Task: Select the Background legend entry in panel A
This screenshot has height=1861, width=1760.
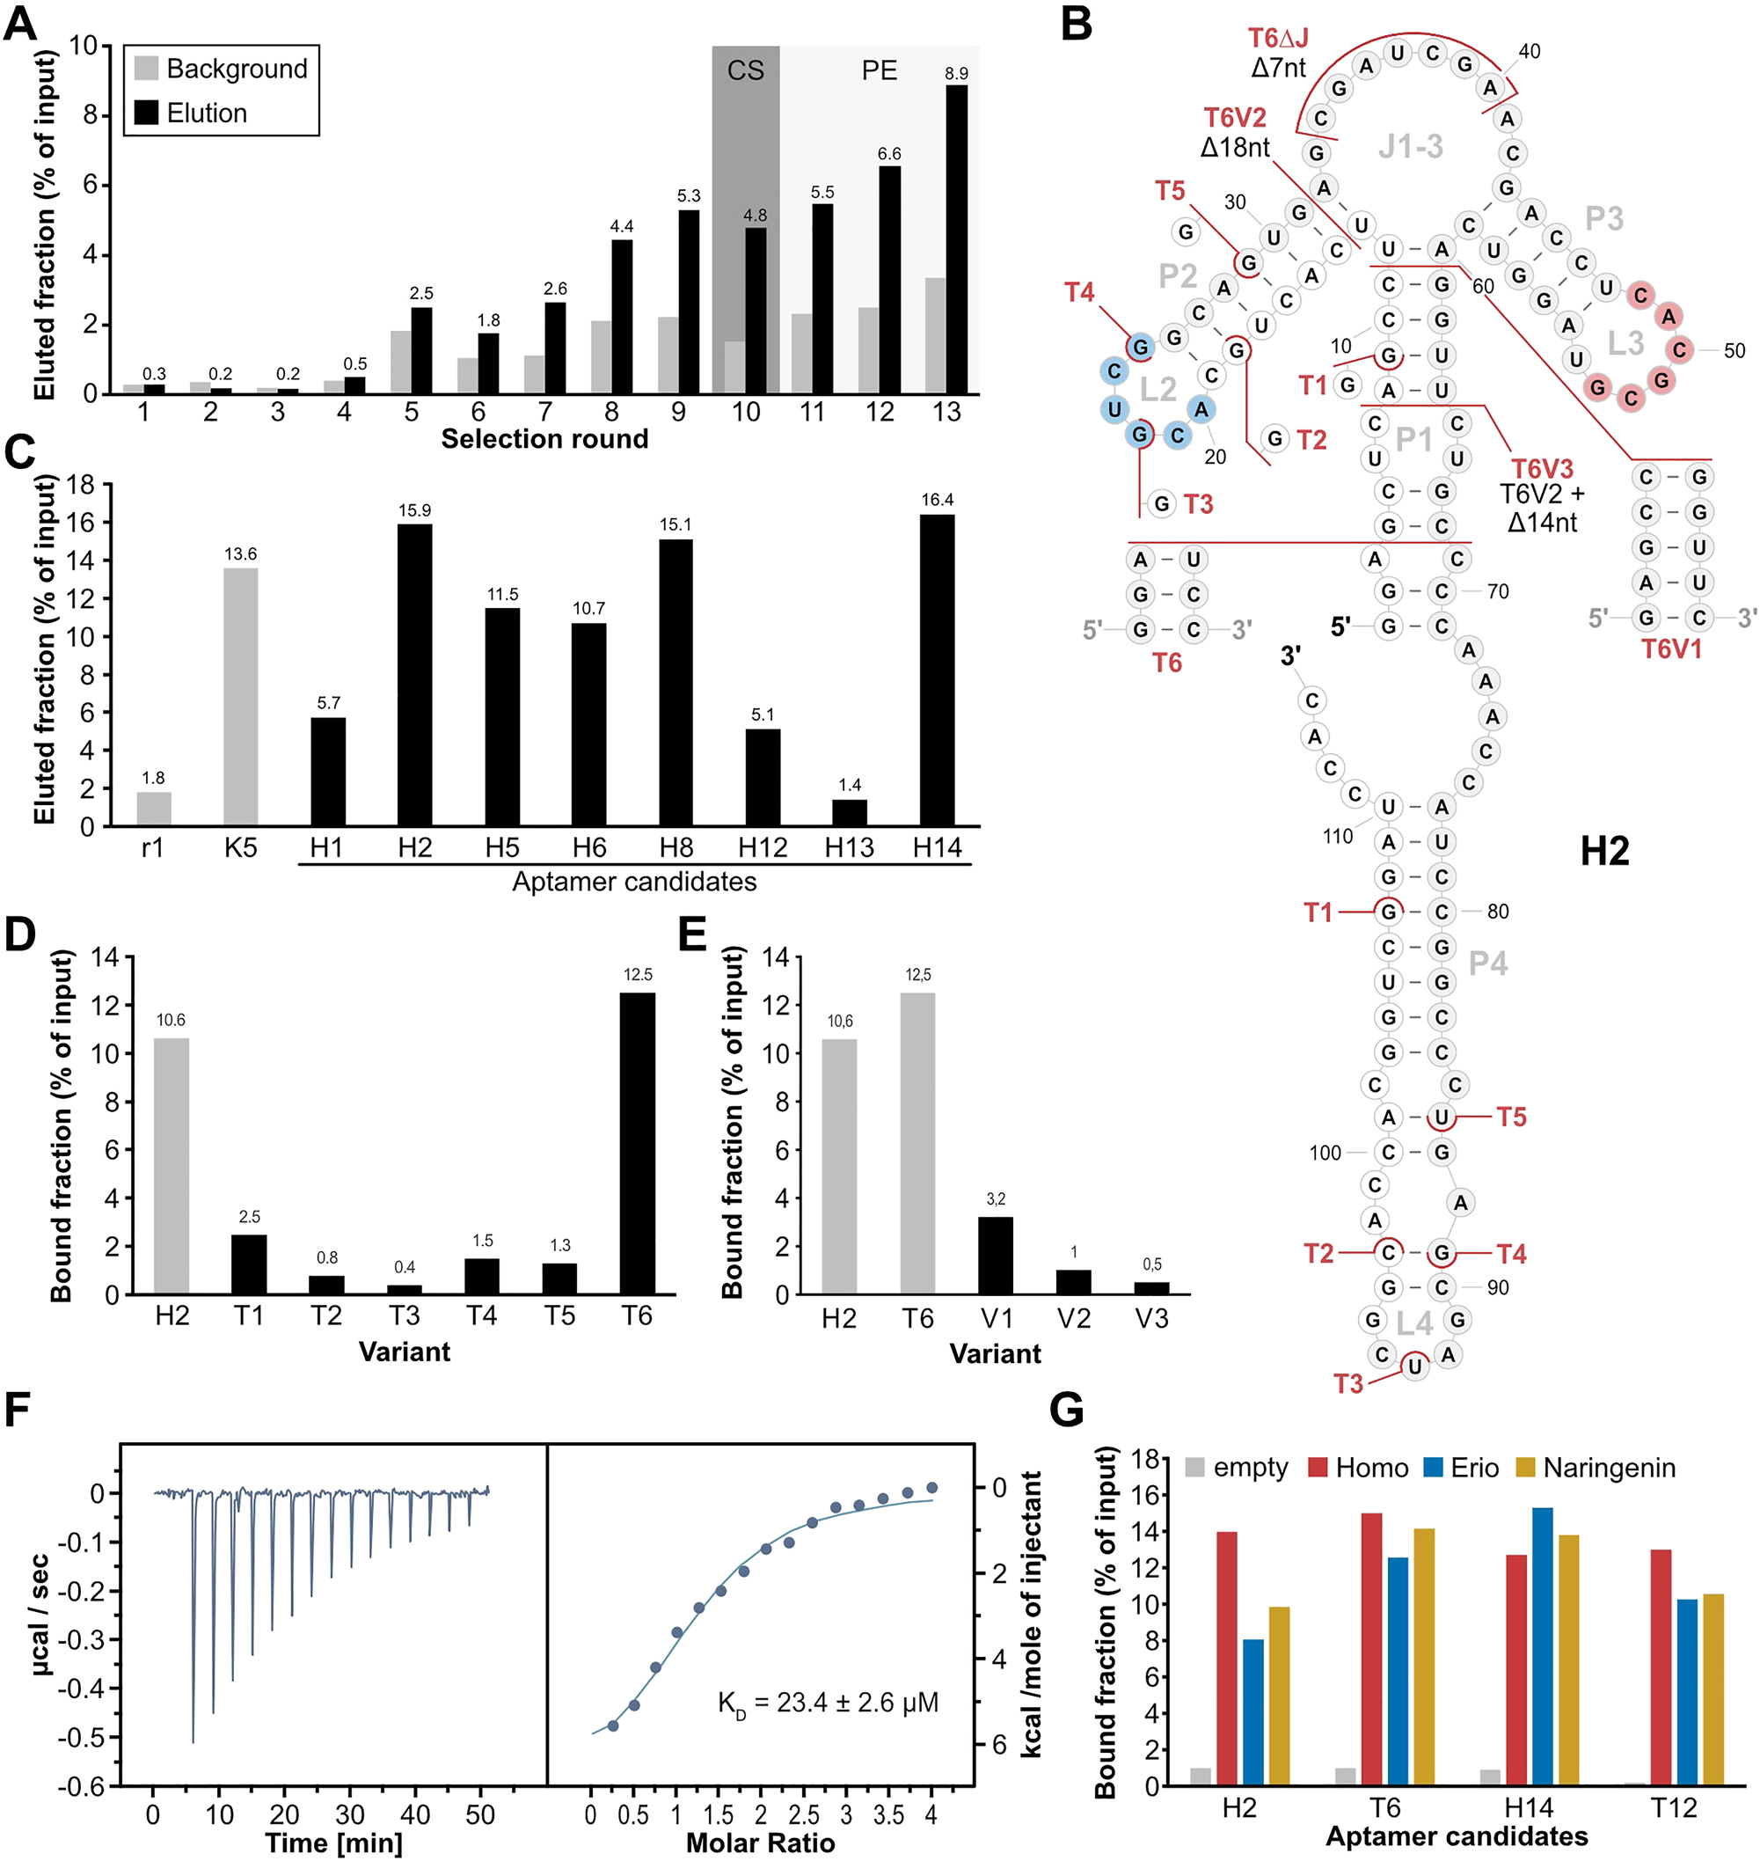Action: (x=222, y=69)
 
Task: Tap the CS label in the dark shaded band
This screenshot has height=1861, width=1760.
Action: (x=745, y=70)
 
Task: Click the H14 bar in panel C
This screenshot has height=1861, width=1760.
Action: (x=936, y=670)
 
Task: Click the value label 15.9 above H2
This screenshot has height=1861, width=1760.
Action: (x=414, y=510)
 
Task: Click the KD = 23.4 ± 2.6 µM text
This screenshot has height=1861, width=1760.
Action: (x=828, y=1703)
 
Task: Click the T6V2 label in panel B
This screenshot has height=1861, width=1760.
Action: (x=1235, y=118)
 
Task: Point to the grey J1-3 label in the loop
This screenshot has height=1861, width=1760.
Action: (x=1410, y=146)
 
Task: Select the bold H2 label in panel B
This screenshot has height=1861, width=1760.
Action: (x=1604, y=851)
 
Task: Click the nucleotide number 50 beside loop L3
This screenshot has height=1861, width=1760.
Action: (x=1734, y=351)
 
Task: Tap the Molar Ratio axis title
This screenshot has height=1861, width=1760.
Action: (x=760, y=1843)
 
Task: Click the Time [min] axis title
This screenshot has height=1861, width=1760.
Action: (x=334, y=1843)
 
